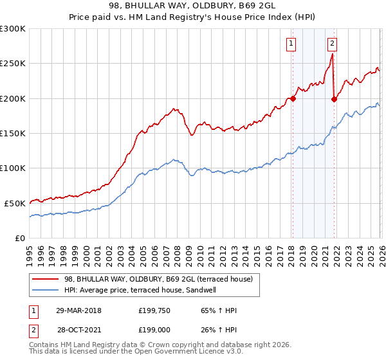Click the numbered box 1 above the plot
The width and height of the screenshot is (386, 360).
[291, 44]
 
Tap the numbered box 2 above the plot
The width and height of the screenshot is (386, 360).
[332, 44]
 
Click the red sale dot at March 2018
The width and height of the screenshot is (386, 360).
[293, 98]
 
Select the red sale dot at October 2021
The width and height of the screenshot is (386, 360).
[334, 99]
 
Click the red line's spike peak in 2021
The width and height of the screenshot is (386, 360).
[332, 55]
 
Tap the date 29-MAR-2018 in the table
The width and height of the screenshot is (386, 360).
[78, 310]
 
